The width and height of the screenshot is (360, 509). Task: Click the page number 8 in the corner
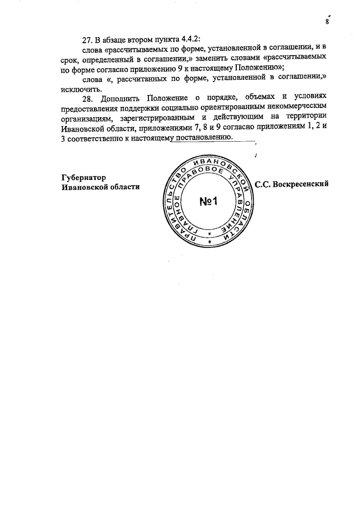pos(327,22)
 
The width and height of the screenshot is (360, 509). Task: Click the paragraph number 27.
pos(88,39)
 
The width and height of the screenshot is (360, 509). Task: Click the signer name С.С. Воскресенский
pos(291,183)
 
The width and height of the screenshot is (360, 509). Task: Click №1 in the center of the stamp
pos(211,201)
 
